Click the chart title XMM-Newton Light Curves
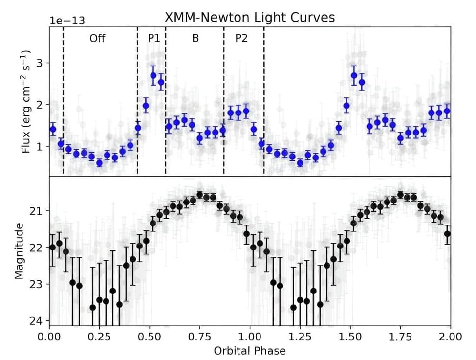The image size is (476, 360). [x=250, y=17]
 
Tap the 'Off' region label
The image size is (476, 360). [x=97, y=38]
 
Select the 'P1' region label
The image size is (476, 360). [x=154, y=38]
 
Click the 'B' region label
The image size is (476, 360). [x=195, y=38]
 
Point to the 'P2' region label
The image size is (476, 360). [x=242, y=38]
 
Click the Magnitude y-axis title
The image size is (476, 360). [x=19, y=250]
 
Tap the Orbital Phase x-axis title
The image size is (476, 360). [x=250, y=350]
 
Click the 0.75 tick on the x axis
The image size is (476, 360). [x=199, y=337]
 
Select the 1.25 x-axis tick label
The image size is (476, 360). [x=300, y=337]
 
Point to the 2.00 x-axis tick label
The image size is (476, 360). [x=450, y=337]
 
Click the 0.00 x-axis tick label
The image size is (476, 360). [x=49, y=337]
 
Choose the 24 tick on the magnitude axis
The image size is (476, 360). [x=39, y=321]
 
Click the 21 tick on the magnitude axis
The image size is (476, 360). [x=39, y=211]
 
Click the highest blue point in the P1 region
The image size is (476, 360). [x=153, y=75]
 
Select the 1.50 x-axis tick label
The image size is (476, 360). [x=350, y=337]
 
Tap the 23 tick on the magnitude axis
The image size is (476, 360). [x=39, y=284]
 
